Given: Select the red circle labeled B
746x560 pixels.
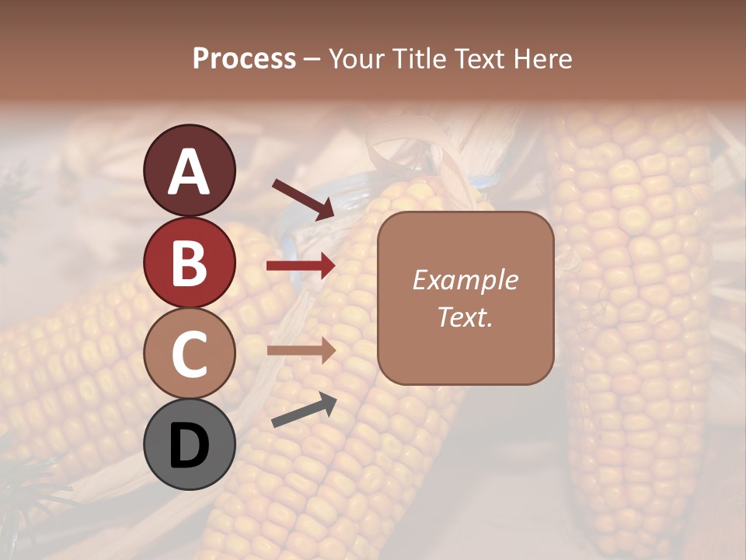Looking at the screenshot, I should click(x=190, y=263).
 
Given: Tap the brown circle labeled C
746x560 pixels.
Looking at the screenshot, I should click(x=190, y=353).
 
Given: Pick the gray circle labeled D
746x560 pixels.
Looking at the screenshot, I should click(x=190, y=444).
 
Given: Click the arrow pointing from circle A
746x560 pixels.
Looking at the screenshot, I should click(x=302, y=198).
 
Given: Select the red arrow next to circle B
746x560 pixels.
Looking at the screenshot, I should click(x=301, y=266).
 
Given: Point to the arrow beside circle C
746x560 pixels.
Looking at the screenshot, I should click(x=301, y=351).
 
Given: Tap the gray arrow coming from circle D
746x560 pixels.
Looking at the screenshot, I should click(x=304, y=411).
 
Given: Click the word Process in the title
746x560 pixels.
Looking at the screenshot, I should click(x=244, y=58).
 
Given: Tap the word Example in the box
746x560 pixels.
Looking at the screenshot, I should click(x=465, y=280).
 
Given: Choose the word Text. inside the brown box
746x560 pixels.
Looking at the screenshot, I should click(x=465, y=317).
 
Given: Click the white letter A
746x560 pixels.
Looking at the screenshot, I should click(x=190, y=173).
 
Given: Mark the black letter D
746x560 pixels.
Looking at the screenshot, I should click(x=189, y=446).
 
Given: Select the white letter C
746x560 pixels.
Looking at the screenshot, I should click(x=189, y=355).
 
